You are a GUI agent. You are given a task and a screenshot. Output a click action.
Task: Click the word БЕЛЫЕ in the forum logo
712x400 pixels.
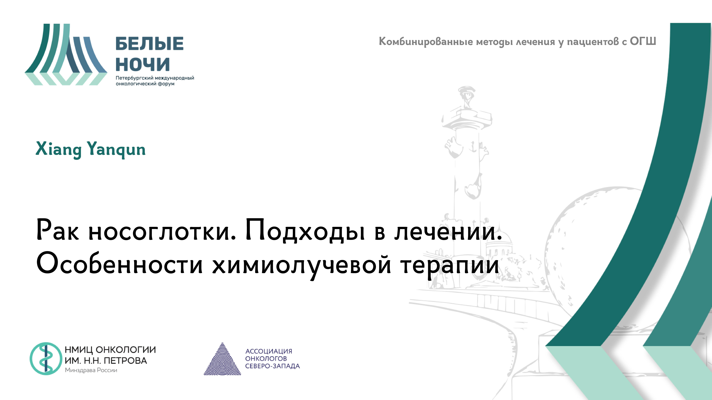click(x=149, y=44)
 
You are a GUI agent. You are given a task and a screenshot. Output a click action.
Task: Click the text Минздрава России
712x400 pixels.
click(x=91, y=370)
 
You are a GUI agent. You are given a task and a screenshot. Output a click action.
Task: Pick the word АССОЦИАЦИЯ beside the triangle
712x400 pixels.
click(x=269, y=351)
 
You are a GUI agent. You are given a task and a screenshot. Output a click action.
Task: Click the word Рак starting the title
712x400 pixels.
click(x=57, y=230)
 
